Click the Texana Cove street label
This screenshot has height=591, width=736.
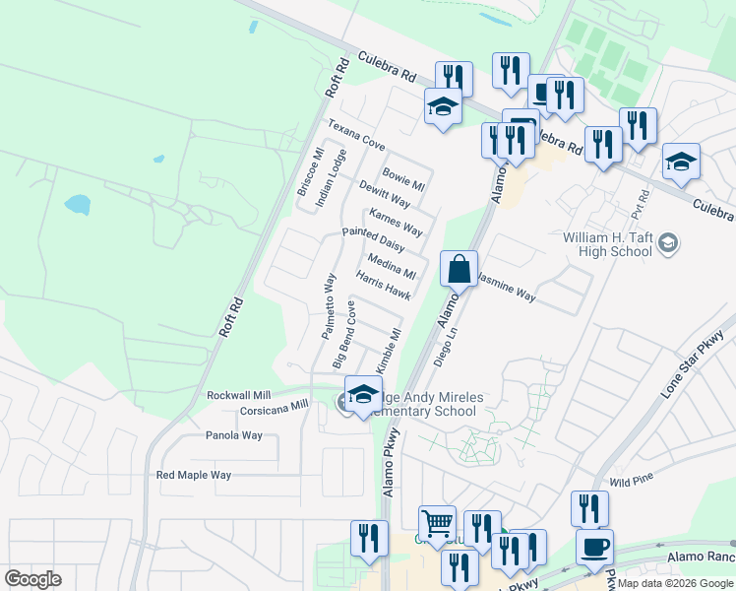coord(356,135)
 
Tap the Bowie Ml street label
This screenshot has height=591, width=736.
coord(403,178)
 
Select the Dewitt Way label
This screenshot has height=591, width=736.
coord(384,193)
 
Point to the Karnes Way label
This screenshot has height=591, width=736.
coord(396,223)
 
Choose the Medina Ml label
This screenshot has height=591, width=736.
coord(392,266)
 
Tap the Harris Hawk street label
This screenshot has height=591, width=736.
coord(384,287)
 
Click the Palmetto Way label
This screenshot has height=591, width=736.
coord(330,306)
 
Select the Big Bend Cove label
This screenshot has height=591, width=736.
coord(344,328)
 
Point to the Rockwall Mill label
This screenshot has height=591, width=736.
coord(237,395)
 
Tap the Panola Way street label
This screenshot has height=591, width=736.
coord(234,435)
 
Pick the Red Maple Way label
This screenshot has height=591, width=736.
coord(194,475)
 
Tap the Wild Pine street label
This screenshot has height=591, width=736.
coord(632,482)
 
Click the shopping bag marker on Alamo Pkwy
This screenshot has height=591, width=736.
coord(460,268)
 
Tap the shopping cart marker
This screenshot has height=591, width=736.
coord(437,521)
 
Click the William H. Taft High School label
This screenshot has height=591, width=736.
coord(608,244)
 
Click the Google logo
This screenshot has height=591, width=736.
coord(33,578)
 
